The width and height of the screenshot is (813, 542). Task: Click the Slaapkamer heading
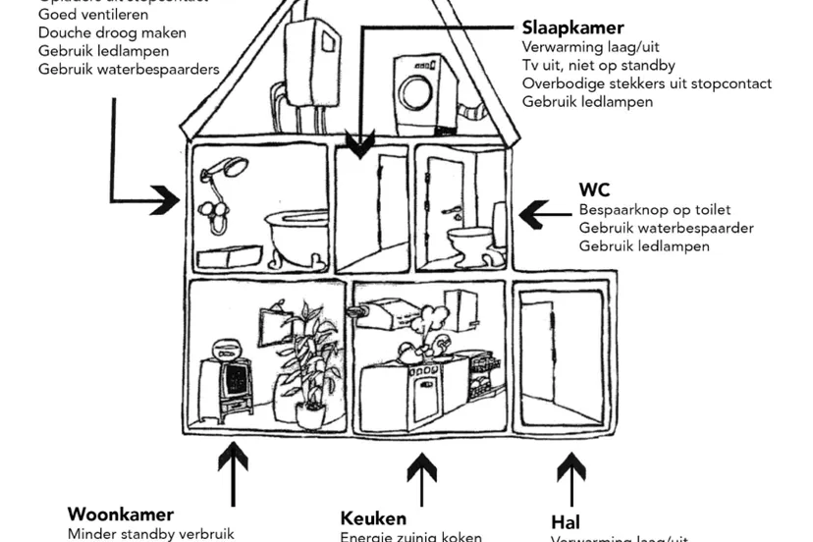tap(559, 28)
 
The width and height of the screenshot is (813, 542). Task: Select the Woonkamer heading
tap(121, 515)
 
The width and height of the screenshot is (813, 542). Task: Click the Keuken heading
tap(373, 518)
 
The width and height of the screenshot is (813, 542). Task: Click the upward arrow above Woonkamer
tap(233, 472)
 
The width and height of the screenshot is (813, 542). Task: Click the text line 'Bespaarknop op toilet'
tap(654, 210)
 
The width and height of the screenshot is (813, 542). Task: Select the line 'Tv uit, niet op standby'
tap(597, 65)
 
